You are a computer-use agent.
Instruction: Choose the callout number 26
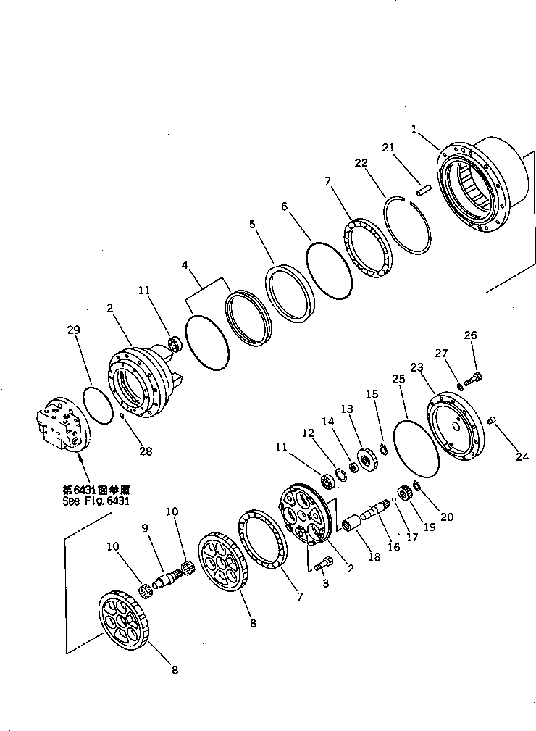coord(471,335)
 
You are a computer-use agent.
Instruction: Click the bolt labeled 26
coord(474,377)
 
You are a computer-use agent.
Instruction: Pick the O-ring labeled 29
coord(98,405)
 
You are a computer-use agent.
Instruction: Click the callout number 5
coord(251,225)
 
